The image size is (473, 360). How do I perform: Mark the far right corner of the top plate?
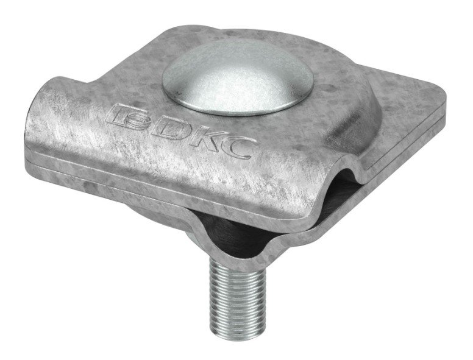pos(443,96)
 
